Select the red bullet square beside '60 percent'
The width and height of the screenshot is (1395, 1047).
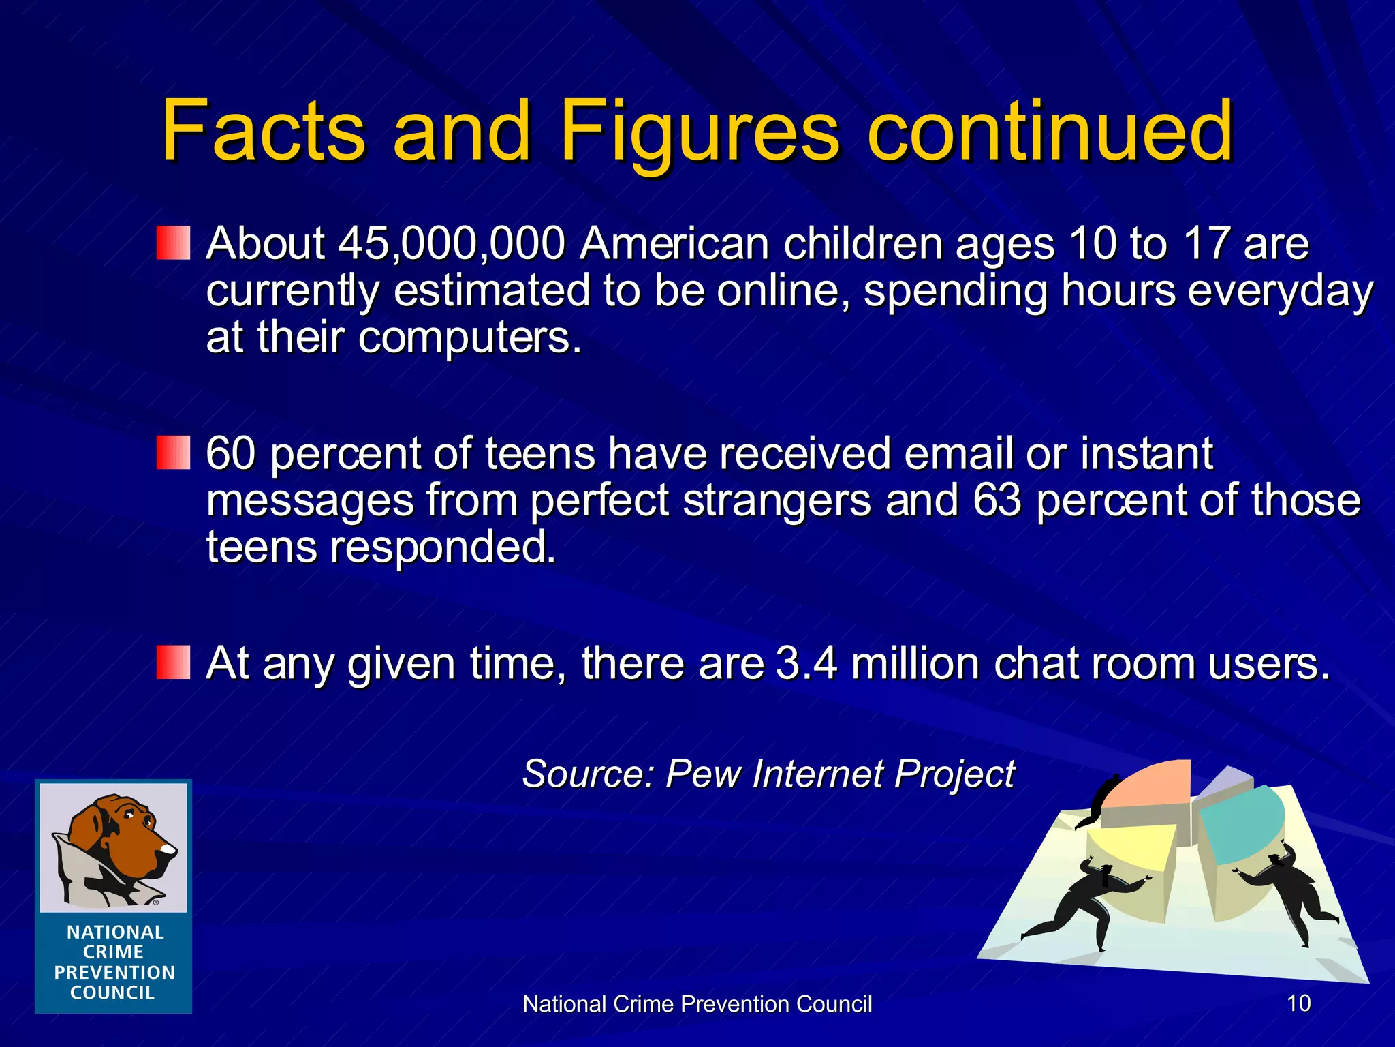(173, 453)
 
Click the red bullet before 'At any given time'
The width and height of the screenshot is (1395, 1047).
(173, 663)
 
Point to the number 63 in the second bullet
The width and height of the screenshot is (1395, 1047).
(997, 500)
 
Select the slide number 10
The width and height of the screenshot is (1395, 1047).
(1298, 1003)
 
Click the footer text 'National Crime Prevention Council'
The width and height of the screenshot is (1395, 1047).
(697, 1004)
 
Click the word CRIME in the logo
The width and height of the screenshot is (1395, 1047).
(113, 952)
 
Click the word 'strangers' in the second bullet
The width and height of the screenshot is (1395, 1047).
(777, 500)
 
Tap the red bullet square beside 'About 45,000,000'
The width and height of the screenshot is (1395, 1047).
(173, 243)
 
